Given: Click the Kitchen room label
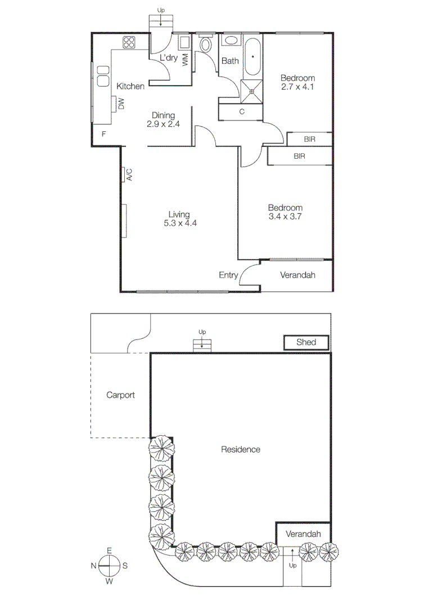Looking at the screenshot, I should pyautogui.click(x=130, y=86).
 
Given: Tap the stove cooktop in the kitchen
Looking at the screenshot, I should pyautogui.click(x=129, y=43).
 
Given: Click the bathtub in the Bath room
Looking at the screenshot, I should pyautogui.click(x=253, y=58).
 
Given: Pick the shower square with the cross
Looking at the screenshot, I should pyautogui.click(x=252, y=90).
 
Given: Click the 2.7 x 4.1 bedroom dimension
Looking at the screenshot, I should pyautogui.click(x=297, y=87).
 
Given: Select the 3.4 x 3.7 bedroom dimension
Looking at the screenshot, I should pyautogui.click(x=286, y=216).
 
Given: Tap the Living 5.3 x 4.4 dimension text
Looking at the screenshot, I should pyautogui.click(x=179, y=223).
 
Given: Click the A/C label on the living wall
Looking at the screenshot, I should pyautogui.click(x=129, y=175).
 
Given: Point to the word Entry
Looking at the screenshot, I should pyautogui.click(x=228, y=275).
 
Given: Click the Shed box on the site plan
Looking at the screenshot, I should pyautogui.click(x=306, y=342).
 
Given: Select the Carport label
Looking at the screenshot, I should pyautogui.click(x=120, y=395).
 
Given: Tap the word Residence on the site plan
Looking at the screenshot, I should pyautogui.click(x=241, y=449).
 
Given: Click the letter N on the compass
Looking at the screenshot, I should pyautogui.click(x=94, y=565).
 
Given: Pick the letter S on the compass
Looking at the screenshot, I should pyautogui.click(x=125, y=565).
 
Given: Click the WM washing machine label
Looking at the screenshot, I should pyautogui.click(x=186, y=60).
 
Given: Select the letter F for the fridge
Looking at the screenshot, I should pyautogui.click(x=103, y=134).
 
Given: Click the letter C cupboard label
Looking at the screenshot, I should pyautogui.click(x=242, y=111).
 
